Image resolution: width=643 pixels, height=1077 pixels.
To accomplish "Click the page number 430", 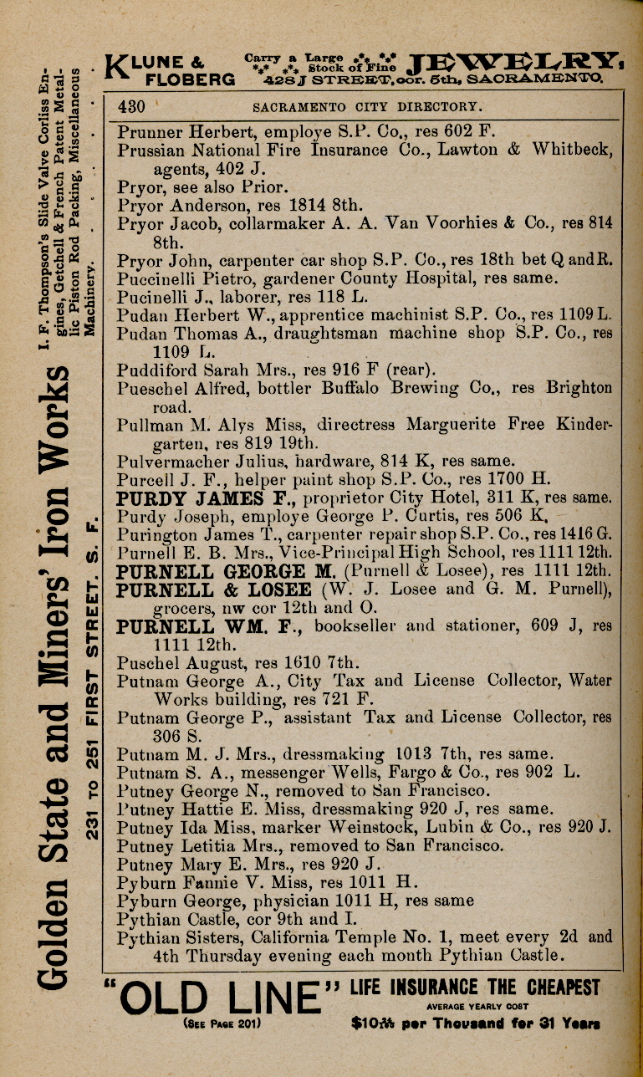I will coord(133,106).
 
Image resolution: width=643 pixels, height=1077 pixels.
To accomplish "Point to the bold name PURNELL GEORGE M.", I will coord(199,573).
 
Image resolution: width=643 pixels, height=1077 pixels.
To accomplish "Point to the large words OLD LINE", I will coord(219,997).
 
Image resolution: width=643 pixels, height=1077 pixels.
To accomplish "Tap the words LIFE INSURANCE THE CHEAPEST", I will coord(475,988).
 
